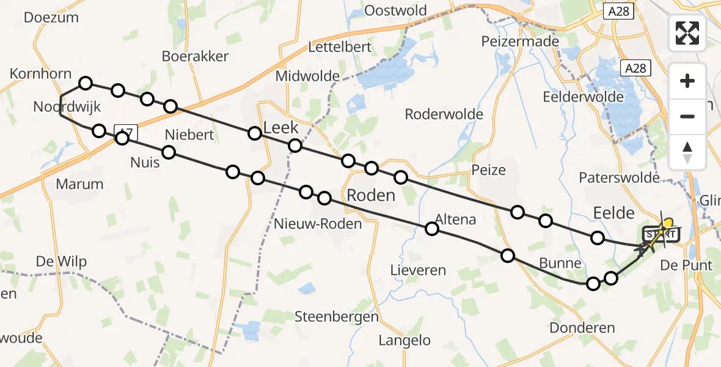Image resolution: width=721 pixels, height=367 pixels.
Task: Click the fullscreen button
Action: pyautogui.click(x=687, y=32)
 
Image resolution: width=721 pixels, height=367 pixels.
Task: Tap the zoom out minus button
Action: pyautogui.click(x=687, y=116)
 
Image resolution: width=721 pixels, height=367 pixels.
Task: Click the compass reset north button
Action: pyautogui.click(x=687, y=152)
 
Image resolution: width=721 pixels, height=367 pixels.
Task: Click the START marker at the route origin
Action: pyautogui.click(x=660, y=234)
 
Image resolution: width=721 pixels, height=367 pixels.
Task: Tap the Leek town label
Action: pyautogui.click(x=280, y=128)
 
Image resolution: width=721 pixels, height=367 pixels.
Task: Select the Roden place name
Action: pyautogui.click(x=371, y=196)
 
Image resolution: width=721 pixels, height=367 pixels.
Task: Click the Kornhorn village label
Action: pyautogui.click(x=40, y=74)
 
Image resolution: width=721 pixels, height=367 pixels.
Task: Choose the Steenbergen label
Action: pyautogui.click(x=337, y=317)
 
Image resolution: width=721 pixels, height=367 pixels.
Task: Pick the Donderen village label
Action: pyautogui.click(x=582, y=328)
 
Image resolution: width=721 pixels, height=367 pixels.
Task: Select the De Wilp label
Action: pyautogui.click(x=61, y=262)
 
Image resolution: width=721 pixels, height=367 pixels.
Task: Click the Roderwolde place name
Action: pyautogui.click(x=444, y=114)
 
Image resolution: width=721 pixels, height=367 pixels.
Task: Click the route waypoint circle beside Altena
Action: pyautogui.click(x=432, y=229)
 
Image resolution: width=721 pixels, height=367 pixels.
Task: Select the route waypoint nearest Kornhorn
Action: pyautogui.click(x=86, y=83)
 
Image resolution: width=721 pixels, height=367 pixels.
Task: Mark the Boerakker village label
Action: pyautogui.click(x=195, y=56)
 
